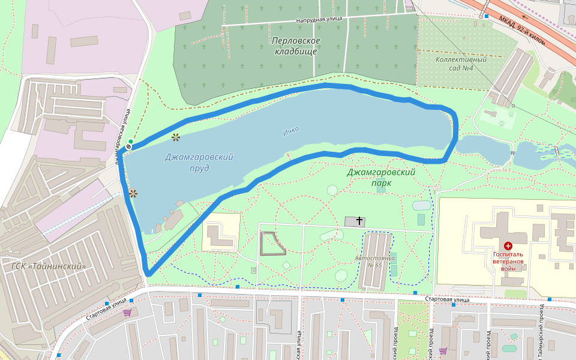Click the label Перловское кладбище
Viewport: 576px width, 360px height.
click(296, 46)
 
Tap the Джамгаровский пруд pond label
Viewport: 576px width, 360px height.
click(199, 162)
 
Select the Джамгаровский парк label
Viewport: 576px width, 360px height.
click(381, 178)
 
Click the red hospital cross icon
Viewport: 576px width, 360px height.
click(508, 245)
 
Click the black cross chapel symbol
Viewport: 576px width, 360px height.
click(359, 221)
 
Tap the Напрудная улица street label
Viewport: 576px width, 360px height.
click(319, 20)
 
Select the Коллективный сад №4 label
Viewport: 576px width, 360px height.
click(461, 64)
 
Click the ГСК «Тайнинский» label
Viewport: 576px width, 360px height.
click(49, 266)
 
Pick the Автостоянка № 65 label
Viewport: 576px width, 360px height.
click(376, 261)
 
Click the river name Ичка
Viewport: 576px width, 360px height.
click(290, 130)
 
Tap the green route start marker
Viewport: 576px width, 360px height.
click(131, 142)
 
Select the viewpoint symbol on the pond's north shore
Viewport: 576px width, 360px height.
click(175, 137)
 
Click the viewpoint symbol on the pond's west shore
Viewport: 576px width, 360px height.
click(133, 193)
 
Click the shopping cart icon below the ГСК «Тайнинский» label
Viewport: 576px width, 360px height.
click(127, 312)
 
